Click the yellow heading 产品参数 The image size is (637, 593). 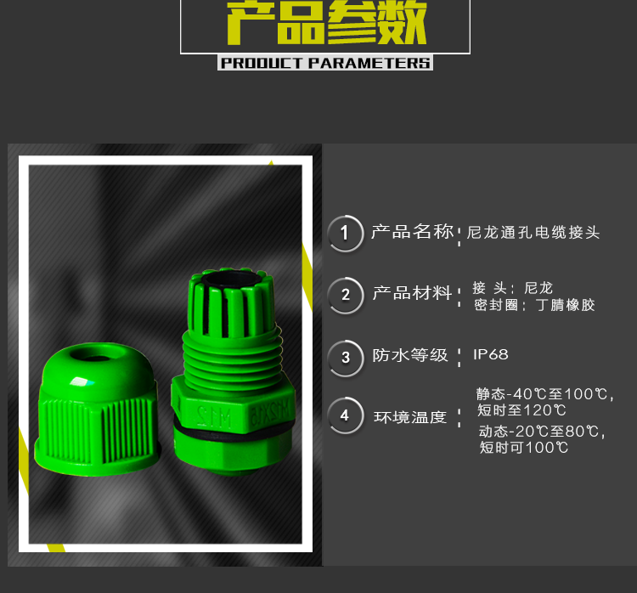[x=326, y=22]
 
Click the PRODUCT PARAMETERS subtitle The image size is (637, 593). [x=325, y=63]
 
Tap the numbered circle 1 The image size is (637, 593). [x=346, y=234]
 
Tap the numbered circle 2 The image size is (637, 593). [x=346, y=295]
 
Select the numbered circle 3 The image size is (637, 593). [x=346, y=358]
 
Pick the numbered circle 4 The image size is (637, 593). [x=346, y=415]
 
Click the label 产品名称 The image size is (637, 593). [x=412, y=232]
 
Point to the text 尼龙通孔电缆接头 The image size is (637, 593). [x=533, y=233]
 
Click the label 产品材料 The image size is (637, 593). [x=412, y=292]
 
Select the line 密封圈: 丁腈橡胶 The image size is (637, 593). [x=534, y=305]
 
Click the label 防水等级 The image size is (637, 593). [x=410, y=355]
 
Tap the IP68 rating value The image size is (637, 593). [x=491, y=354]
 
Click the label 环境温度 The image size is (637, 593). [x=410, y=417]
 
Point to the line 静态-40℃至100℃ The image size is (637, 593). [x=544, y=394]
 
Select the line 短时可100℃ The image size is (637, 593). [x=524, y=448]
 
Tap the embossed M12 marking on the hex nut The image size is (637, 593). [x=214, y=415]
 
